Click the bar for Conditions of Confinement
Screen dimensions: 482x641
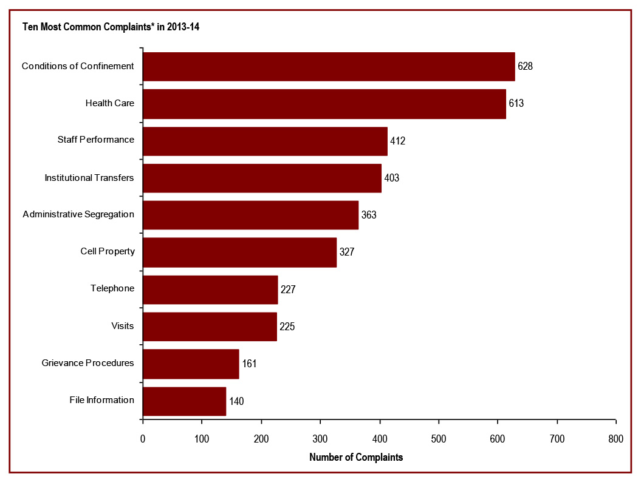point(329,67)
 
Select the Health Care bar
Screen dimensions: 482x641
point(324,104)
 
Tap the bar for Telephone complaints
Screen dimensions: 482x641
point(210,290)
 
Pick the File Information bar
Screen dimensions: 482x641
point(184,401)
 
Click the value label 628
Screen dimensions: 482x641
point(525,66)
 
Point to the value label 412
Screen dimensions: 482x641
point(397,141)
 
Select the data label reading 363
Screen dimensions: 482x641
point(368,215)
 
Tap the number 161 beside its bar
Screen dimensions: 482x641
point(249,364)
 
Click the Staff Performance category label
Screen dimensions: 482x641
point(95,140)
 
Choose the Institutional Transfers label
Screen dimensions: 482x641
point(89,178)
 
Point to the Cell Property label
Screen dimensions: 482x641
point(107,251)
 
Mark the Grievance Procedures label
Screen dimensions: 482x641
point(87,363)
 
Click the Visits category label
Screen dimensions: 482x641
point(122,326)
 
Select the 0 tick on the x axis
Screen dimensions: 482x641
point(143,439)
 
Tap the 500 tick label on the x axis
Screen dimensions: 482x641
point(439,439)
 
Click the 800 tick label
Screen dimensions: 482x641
point(616,439)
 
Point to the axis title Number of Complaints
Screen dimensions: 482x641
point(356,458)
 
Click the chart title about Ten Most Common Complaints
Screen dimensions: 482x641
point(111,27)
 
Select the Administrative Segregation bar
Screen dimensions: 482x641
point(250,216)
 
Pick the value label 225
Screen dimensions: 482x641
point(287,327)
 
